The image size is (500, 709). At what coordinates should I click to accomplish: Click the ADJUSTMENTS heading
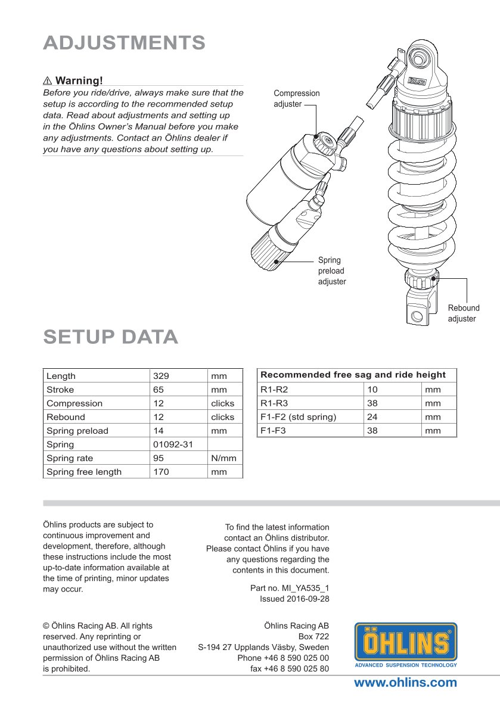125,43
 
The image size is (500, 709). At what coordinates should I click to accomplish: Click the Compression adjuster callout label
296,98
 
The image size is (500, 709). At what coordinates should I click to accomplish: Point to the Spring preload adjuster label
331,270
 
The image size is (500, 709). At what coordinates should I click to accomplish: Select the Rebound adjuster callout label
463,313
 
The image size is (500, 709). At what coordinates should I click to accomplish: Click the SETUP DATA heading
111,337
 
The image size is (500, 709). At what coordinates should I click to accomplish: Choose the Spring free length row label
84,472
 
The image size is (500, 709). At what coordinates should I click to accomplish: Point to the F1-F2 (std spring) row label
298,417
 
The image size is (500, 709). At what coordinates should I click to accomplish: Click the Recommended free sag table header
353,375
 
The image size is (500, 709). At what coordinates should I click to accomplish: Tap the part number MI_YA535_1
290,588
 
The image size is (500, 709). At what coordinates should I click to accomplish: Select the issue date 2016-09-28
294,599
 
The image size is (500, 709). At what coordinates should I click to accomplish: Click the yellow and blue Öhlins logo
406,645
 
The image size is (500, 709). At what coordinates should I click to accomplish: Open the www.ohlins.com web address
405,683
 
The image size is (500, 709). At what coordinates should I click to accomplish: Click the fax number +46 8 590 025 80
290,668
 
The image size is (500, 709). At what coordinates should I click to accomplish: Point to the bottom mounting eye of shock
418,315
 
